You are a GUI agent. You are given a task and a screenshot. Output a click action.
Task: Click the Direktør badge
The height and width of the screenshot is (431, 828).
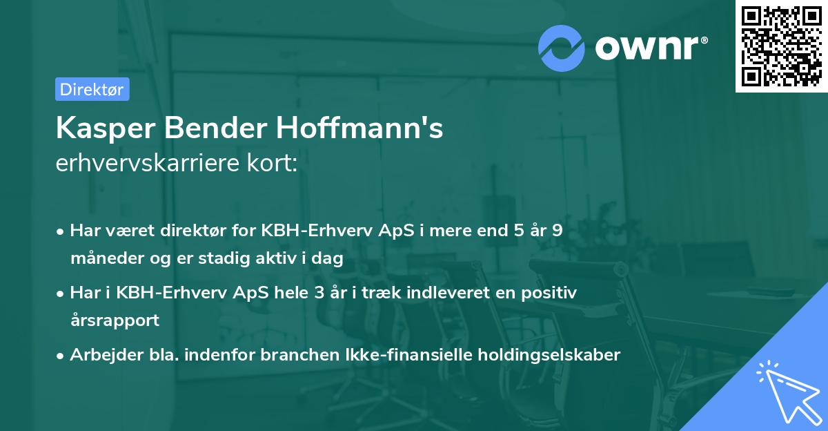click(92, 89)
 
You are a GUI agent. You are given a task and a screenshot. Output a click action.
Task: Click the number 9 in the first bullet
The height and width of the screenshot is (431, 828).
click(557, 231)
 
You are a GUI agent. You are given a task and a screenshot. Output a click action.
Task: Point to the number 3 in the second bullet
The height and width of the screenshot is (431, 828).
click(319, 293)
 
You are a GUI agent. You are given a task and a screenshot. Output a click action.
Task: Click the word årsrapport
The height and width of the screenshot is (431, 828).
click(115, 320)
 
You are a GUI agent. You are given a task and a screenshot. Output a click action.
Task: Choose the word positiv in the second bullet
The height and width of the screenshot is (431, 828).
click(551, 293)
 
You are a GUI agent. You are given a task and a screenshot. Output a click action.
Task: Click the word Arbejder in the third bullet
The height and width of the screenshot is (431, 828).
click(101, 355)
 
